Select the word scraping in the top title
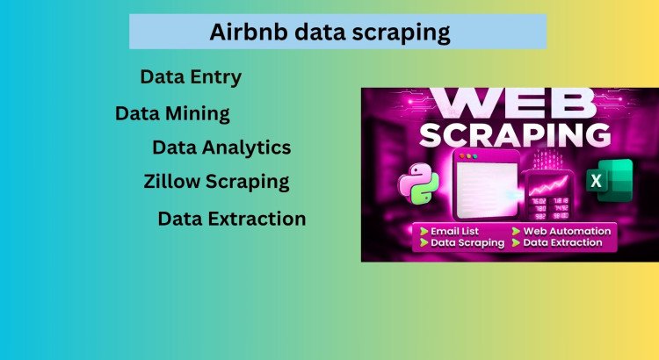(403, 33)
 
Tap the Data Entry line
(191, 77)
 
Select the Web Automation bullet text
(567, 230)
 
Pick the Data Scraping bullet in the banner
(467, 242)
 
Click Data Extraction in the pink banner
(562, 242)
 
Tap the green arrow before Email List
(424, 230)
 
